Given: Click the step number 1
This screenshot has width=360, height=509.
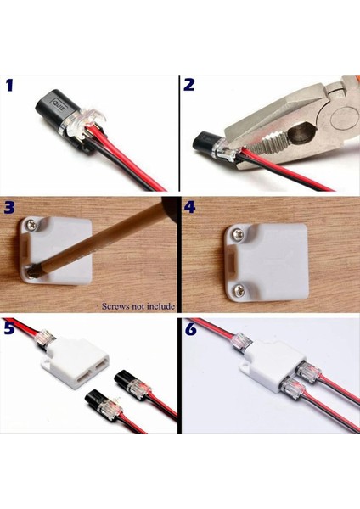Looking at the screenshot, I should [11, 85].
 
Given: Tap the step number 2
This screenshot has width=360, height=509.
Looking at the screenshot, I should [189, 85].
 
